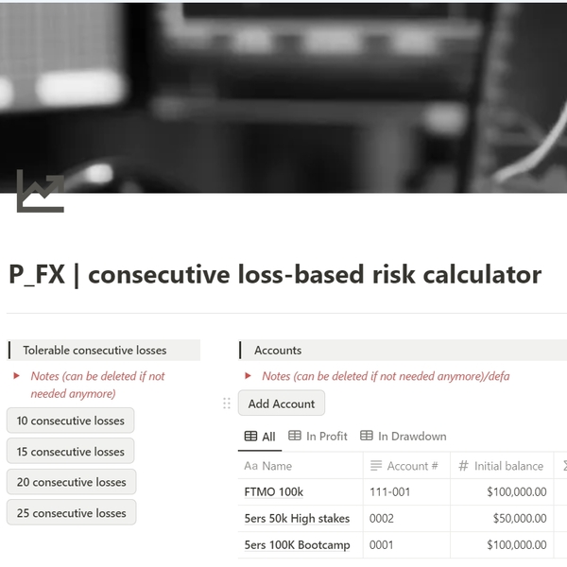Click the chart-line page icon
click(x=41, y=191)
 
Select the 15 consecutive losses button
click(x=71, y=452)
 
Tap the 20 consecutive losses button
click(x=71, y=482)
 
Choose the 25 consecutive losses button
click(x=71, y=513)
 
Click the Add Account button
click(x=282, y=404)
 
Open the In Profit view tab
click(x=318, y=436)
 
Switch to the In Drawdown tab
click(x=404, y=436)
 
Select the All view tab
click(x=260, y=437)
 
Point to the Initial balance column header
click(x=502, y=466)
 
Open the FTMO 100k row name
click(x=274, y=491)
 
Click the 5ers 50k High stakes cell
click(x=297, y=518)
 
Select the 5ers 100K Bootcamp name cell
click(x=298, y=544)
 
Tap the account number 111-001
click(x=389, y=491)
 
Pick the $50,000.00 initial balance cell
click(x=520, y=518)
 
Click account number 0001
click(x=381, y=544)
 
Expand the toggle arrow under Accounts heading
click(x=248, y=376)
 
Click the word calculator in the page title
click(x=482, y=274)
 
